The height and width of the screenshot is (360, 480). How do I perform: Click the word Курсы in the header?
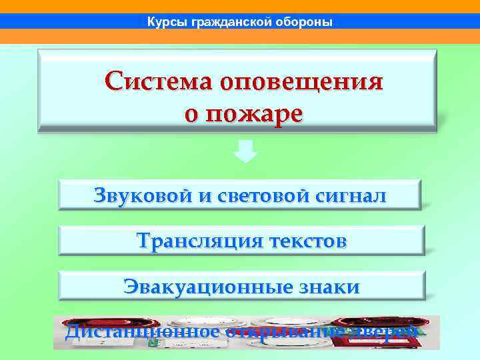pyautogui.click(x=167, y=22)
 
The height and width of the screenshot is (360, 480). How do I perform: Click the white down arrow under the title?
pyautogui.click(x=246, y=152)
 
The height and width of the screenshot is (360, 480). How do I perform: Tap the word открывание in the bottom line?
pyautogui.click(x=287, y=331)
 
